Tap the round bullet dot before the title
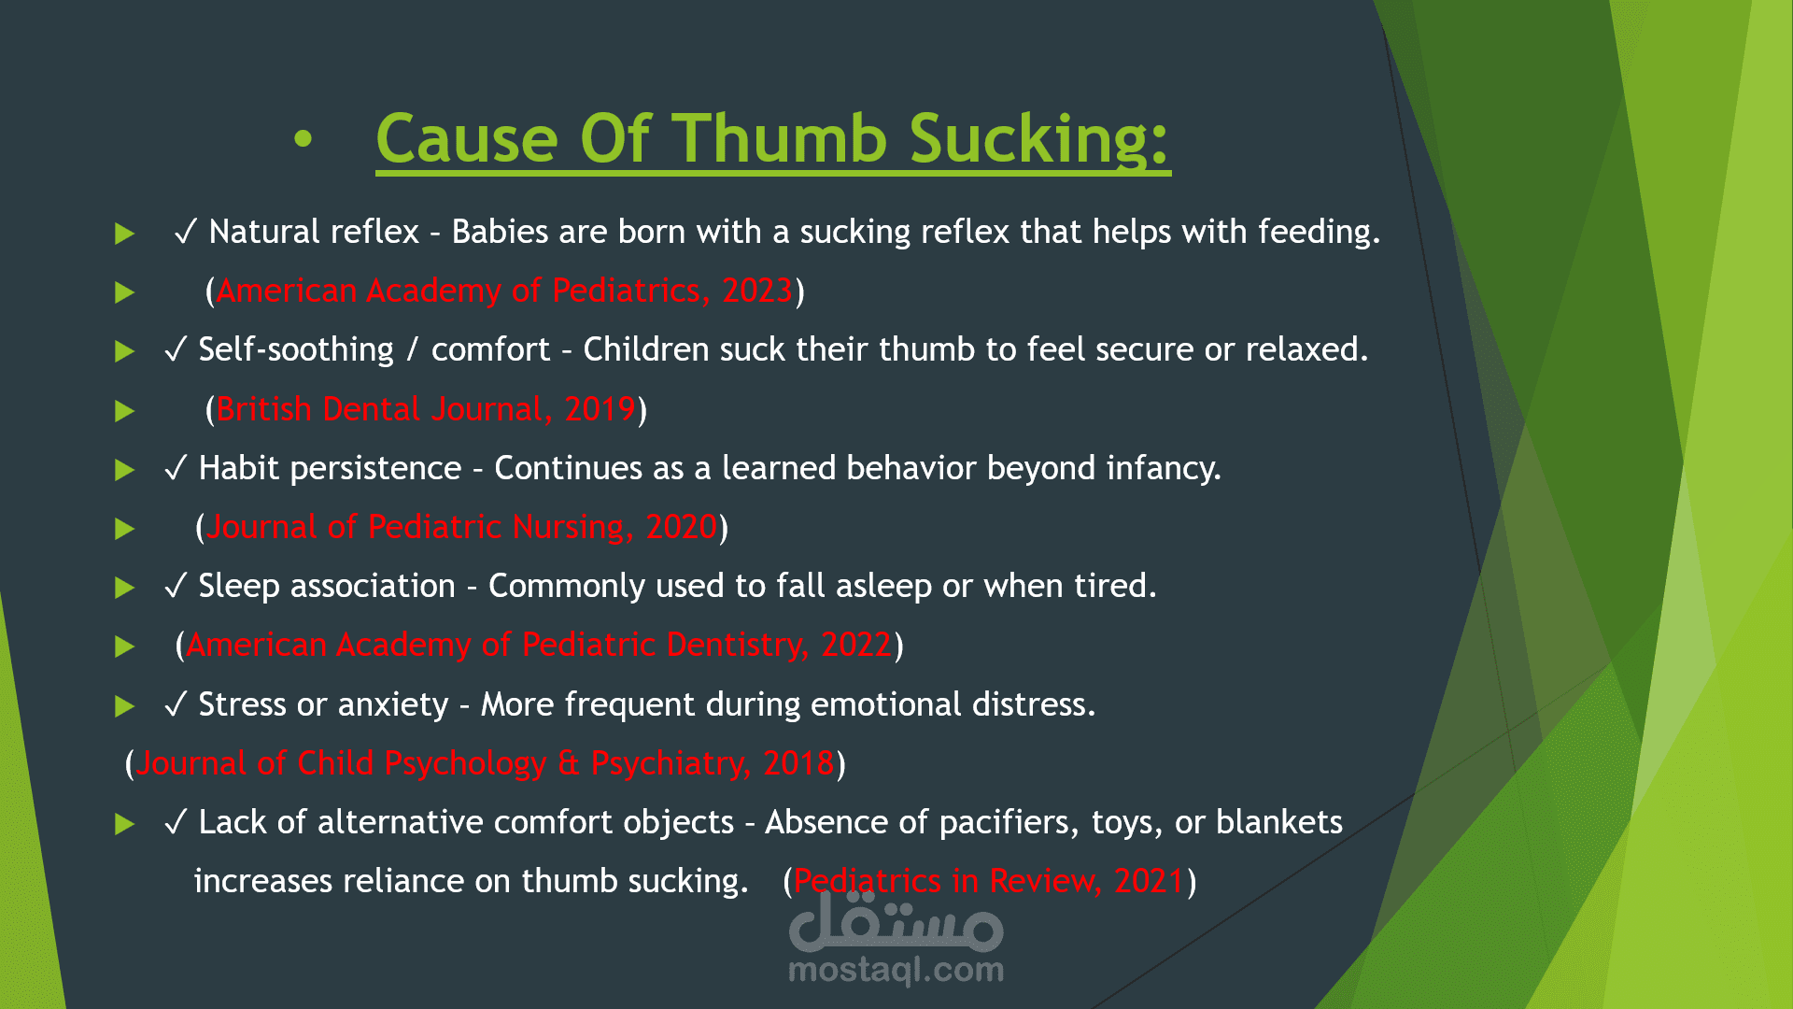[303, 140]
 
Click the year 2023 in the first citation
[757, 291]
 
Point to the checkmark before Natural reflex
[185, 232]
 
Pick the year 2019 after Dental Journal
[600, 409]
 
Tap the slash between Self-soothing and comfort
[413, 350]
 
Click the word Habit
[237, 468]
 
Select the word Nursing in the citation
[569, 528]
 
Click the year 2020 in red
[682, 527]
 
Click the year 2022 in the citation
[856, 645]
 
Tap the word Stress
[243, 704]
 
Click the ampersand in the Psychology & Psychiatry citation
[569, 763]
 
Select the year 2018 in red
[798, 763]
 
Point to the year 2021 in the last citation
[1150, 881]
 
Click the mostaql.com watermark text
[896, 971]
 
